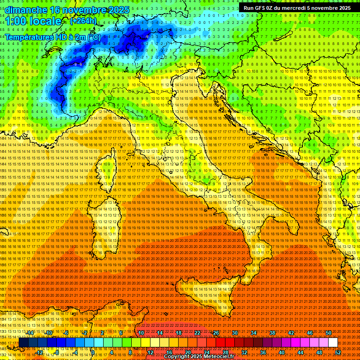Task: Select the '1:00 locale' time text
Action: coord(33,21)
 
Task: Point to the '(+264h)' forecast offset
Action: coord(83,21)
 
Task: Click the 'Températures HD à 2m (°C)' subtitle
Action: coord(52,37)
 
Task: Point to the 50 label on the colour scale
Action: coord(329,333)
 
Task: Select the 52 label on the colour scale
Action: coord(338,352)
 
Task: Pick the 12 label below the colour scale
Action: coord(150,352)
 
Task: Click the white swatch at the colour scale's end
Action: coord(333,343)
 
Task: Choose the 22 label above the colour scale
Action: coord(197,333)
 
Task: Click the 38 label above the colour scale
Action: coord(272,333)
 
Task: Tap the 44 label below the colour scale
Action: coord(300,352)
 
